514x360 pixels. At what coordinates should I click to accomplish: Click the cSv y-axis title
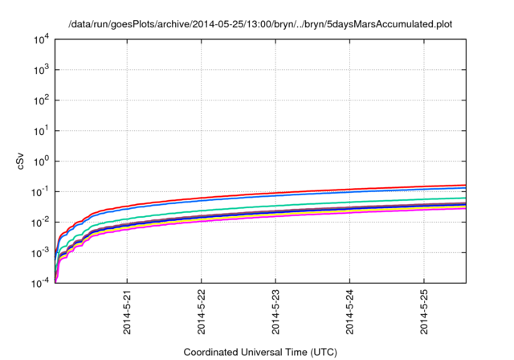point(22,161)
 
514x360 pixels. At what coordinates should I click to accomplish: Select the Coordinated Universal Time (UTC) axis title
point(259,352)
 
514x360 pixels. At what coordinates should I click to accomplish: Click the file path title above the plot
point(260,24)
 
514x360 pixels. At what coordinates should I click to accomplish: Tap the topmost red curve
point(321,191)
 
